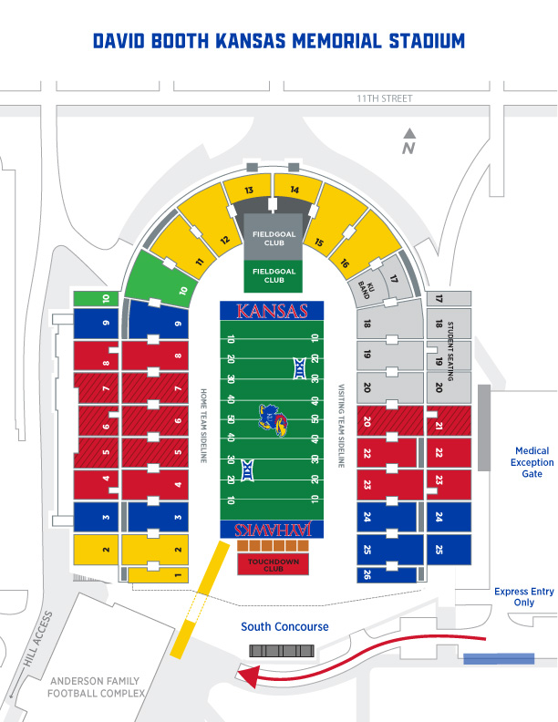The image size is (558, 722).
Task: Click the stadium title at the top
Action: point(279,42)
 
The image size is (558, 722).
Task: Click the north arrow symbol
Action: point(409,142)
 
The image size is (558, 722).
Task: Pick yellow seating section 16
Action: point(344,263)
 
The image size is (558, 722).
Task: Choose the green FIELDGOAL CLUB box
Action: point(274,274)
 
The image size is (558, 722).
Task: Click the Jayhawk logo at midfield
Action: point(272,419)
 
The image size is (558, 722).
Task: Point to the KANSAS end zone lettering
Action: point(272,311)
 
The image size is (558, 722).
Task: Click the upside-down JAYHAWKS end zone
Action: point(272,530)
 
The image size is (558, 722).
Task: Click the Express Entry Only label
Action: point(523,597)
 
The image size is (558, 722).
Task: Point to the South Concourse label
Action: point(284,627)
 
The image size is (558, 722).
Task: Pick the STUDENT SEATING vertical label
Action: point(450,351)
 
